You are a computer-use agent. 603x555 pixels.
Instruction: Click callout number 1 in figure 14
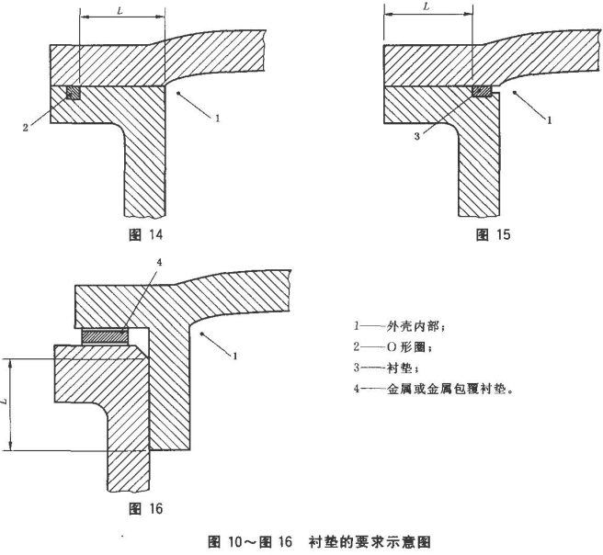point(217,118)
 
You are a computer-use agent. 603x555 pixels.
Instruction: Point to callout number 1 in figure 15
point(549,119)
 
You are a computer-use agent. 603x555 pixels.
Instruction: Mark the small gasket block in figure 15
point(480,92)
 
